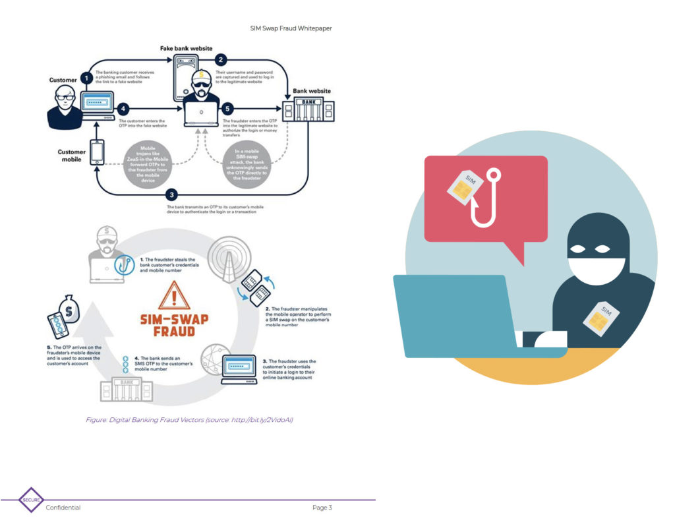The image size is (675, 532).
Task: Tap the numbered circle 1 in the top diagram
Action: point(86,78)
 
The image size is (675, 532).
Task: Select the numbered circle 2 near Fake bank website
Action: point(221,60)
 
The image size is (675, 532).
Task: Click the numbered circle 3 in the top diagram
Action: point(172,194)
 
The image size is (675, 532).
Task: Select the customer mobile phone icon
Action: point(98,153)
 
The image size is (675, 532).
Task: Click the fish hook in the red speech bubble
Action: point(487,201)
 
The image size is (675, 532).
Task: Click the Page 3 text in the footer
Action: point(322,508)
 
